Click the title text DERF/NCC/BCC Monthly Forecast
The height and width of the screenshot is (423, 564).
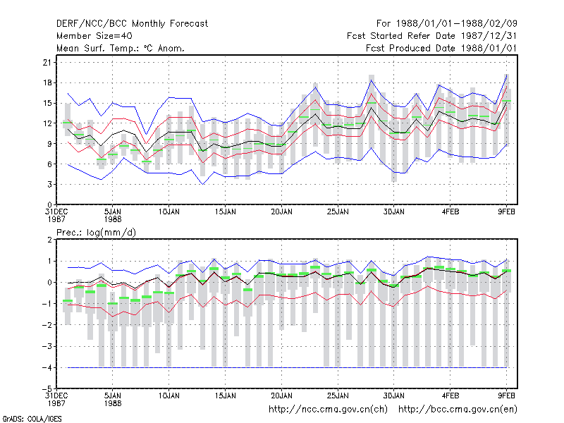point(132,24)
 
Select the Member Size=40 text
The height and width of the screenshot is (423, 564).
point(94,36)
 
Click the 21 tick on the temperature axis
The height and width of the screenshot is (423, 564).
point(47,63)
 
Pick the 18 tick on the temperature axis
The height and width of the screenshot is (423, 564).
point(47,82)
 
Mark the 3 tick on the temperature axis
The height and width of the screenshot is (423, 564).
point(49,184)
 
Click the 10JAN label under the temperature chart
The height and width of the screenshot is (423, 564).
point(169,212)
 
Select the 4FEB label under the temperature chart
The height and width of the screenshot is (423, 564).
point(450,212)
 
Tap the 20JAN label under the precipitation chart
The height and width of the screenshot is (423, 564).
point(281,396)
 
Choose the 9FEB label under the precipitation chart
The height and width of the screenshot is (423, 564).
point(506,396)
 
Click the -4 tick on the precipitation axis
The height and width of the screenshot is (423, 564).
point(47,367)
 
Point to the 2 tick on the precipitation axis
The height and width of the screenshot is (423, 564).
point(49,240)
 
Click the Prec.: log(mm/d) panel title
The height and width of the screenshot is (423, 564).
point(96,233)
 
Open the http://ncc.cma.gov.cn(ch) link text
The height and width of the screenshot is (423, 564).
point(328,410)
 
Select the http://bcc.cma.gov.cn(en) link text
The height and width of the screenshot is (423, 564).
point(458,410)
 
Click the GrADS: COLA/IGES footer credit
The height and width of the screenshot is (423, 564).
point(32,419)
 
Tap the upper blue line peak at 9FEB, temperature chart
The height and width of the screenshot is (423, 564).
point(506,75)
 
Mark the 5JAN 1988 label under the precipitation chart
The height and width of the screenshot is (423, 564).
point(113,400)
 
